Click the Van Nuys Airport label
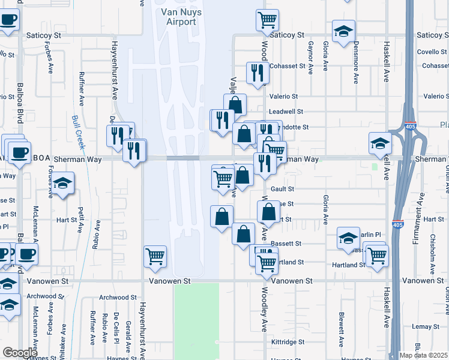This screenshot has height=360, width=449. tap(179, 17)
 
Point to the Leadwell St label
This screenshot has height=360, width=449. tap(286, 112)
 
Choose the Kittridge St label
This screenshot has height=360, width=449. tap(288, 342)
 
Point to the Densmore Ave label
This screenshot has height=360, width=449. tap(356, 63)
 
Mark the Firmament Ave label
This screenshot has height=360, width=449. tap(422, 208)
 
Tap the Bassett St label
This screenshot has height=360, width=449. tap(286, 244)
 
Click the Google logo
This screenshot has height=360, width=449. tap(19, 353)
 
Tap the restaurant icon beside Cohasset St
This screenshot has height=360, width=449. tap(258, 73)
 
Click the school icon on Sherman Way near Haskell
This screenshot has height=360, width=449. tap(380, 143)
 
